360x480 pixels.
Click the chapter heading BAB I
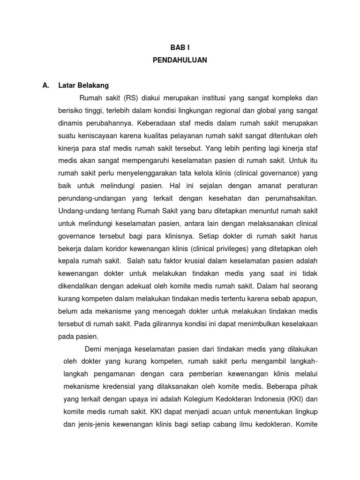[180, 47]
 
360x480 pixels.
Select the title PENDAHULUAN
[180, 60]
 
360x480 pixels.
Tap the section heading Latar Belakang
[83, 85]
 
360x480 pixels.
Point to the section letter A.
[46, 85]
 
